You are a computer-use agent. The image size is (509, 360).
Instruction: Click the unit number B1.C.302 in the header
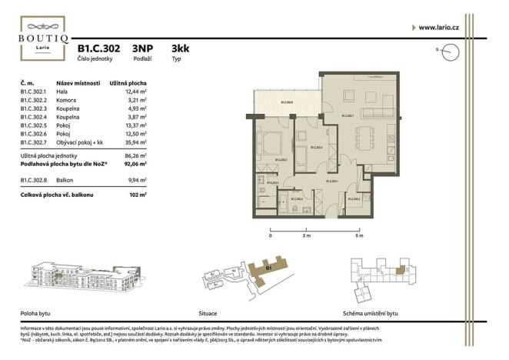click(98, 47)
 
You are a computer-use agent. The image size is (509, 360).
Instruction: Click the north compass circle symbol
click(451, 51)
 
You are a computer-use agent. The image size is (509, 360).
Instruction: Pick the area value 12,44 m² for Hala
click(135, 92)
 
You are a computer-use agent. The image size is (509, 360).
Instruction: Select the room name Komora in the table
click(67, 101)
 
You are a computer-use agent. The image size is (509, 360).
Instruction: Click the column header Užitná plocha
click(128, 82)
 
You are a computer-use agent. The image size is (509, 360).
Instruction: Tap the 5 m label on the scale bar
click(358, 236)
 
